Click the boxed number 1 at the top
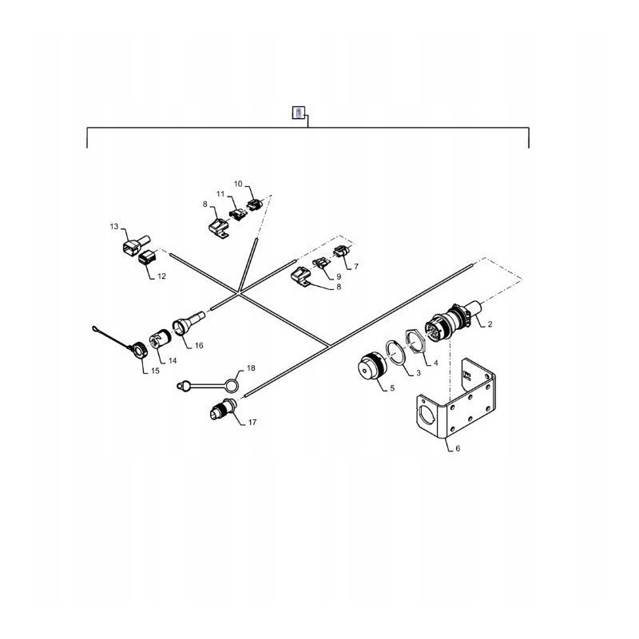click(297, 113)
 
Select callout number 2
click(489, 323)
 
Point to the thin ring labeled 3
click(395, 352)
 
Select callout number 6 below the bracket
click(457, 449)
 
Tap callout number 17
click(252, 423)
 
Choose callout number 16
click(198, 346)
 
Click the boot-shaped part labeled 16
click(185, 327)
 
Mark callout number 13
click(113, 228)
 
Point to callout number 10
click(237, 185)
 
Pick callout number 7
click(355, 266)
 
